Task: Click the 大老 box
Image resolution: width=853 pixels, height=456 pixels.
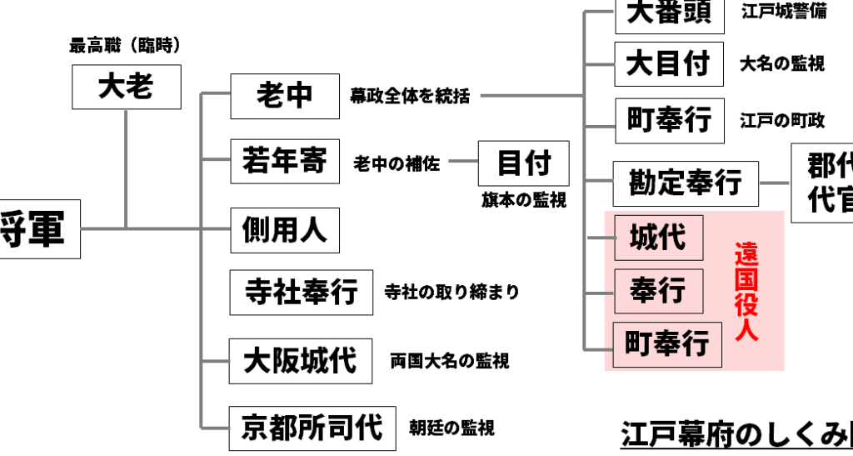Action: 126,87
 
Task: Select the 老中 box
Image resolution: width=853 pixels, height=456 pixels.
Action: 284,96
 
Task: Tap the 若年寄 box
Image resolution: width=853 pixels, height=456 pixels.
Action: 284,161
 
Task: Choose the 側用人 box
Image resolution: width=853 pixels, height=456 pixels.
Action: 284,229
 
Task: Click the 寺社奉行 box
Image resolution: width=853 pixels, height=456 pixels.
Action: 301,293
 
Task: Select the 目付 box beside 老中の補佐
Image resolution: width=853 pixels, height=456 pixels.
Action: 523,163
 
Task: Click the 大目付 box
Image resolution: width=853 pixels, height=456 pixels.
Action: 668,63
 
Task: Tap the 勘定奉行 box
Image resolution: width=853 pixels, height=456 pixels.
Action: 686,183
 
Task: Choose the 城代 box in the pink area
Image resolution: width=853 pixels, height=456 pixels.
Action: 658,238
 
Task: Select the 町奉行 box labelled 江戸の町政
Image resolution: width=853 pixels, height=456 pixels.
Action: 669,121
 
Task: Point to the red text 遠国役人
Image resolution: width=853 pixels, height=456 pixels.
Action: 746,291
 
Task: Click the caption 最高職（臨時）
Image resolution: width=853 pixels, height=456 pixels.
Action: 126,46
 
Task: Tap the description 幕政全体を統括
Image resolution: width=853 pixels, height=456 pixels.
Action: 410,97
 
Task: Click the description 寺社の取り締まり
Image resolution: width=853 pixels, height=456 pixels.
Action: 451,293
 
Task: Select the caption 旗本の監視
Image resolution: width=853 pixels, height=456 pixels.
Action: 524,200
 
